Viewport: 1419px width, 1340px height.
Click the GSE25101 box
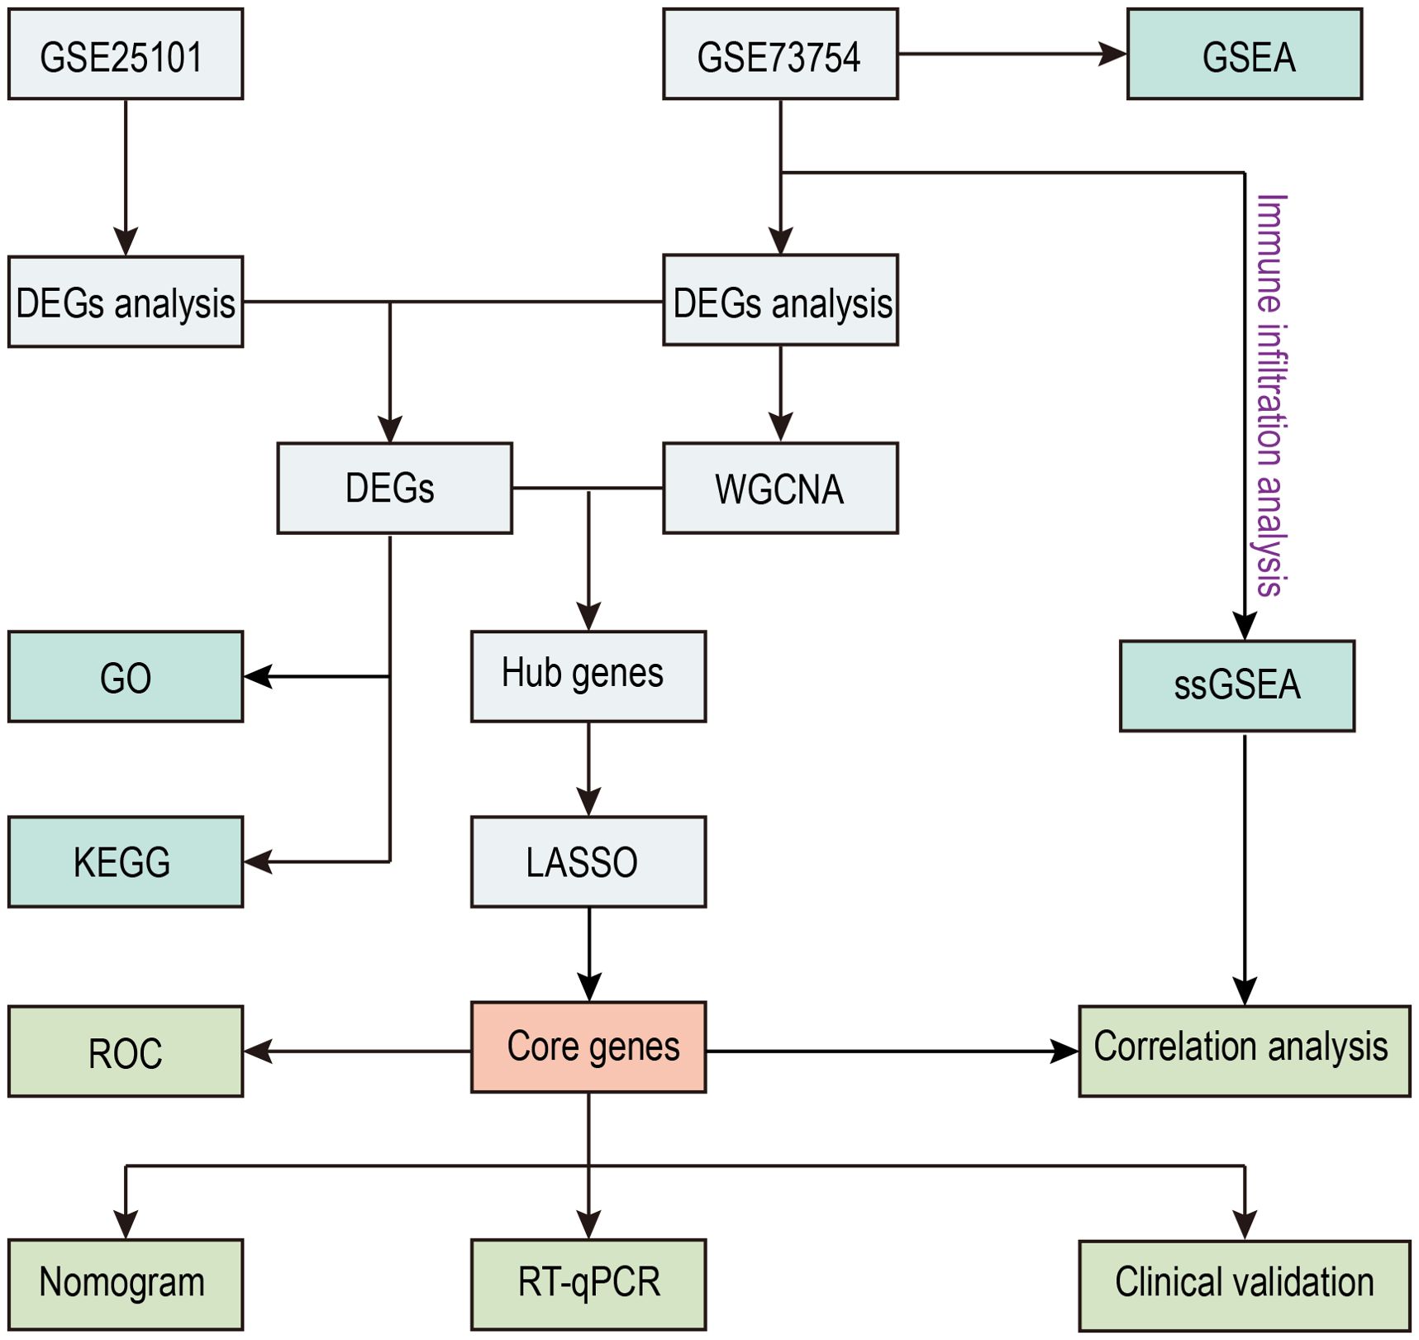[126, 55]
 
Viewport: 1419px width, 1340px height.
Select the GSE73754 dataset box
[780, 55]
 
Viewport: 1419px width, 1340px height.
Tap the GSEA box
[1245, 55]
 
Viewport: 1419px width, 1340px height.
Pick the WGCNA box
[780, 489]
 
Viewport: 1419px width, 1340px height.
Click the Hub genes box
[588, 677]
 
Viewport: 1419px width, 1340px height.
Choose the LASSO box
[588, 862]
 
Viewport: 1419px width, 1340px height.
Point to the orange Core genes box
[588, 1047]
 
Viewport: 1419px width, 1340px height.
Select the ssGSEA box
[1237, 686]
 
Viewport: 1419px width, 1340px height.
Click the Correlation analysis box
[1245, 1051]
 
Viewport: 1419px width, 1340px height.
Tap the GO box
[126, 677]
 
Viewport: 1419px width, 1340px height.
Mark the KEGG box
[126, 862]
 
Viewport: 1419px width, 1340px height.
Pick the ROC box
[126, 1051]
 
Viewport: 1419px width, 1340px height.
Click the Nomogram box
[126, 1285]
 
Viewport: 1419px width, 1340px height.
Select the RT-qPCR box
[588, 1285]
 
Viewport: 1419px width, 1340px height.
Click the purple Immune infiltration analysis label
[1271, 395]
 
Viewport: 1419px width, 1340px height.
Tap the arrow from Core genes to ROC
[358, 1051]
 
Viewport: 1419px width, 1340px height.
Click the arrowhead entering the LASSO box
[588, 802]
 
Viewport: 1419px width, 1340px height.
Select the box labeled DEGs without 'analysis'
[394, 489]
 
